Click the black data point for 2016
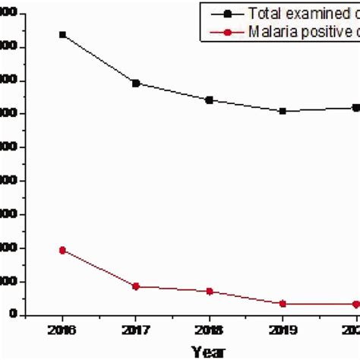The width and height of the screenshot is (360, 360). (62, 35)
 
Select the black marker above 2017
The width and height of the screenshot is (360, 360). (136, 83)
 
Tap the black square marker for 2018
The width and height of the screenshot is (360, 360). (210, 99)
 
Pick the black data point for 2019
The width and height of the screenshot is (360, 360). (283, 111)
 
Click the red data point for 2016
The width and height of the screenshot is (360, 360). (62, 250)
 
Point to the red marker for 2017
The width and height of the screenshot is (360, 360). (136, 286)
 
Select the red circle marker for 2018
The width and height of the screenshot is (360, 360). (210, 292)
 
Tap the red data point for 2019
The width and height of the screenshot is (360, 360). (283, 304)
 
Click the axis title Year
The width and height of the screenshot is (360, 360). (207, 351)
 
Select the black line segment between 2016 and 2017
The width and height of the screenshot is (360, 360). (99, 59)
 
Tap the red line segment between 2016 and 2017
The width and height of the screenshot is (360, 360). (99, 268)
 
